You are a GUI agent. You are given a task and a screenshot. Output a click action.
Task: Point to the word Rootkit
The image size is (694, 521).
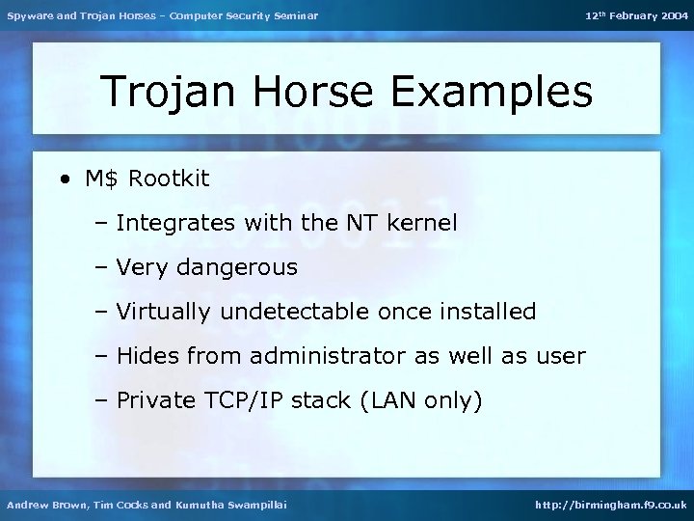click(169, 178)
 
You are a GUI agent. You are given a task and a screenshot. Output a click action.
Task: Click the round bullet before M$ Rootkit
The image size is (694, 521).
click(64, 179)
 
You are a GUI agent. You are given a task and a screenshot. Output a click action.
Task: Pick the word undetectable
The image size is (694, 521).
click(295, 312)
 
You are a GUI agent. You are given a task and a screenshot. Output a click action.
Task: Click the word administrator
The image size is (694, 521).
click(328, 356)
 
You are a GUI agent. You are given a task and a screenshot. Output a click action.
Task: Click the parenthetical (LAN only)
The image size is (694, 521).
click(419, 400)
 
